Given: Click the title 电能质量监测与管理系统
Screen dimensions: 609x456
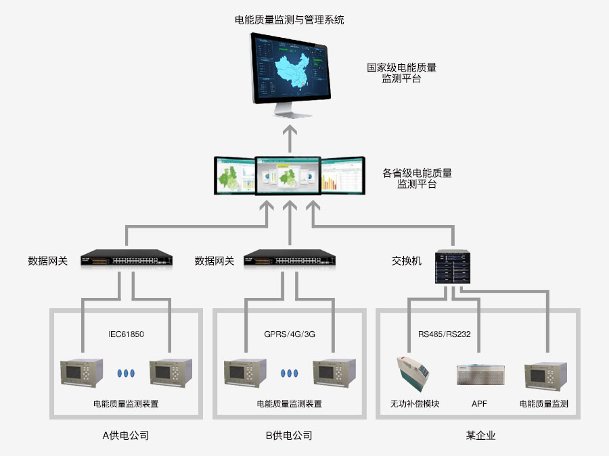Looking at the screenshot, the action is tap(290, 20).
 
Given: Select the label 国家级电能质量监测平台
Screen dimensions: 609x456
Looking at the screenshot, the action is tap(401, 73).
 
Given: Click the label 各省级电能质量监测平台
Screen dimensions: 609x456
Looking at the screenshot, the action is tap(417, 178).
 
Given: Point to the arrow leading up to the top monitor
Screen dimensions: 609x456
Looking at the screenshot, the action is tap(290, 138).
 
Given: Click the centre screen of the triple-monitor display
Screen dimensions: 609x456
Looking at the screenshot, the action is tap(288, 176).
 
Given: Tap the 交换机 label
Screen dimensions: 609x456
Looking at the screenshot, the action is tap(407, 261).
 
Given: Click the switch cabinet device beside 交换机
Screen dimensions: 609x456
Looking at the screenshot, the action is tap(453, 267).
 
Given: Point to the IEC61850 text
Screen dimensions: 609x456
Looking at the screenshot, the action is tap(127, 334).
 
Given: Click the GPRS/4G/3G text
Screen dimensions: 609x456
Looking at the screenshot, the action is tap(290, 334).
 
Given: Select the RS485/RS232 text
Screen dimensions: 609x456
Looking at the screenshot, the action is tap(445, 334).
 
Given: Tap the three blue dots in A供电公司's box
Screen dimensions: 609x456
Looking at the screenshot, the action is tap(127, 373).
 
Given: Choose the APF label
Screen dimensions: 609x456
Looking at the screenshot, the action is tap(479, 404).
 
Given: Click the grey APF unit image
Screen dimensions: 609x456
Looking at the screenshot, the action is tap(480, 374).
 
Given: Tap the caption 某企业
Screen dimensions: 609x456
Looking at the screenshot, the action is tap(481, 436).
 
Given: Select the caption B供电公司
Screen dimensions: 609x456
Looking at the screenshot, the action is tap(289, 436).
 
